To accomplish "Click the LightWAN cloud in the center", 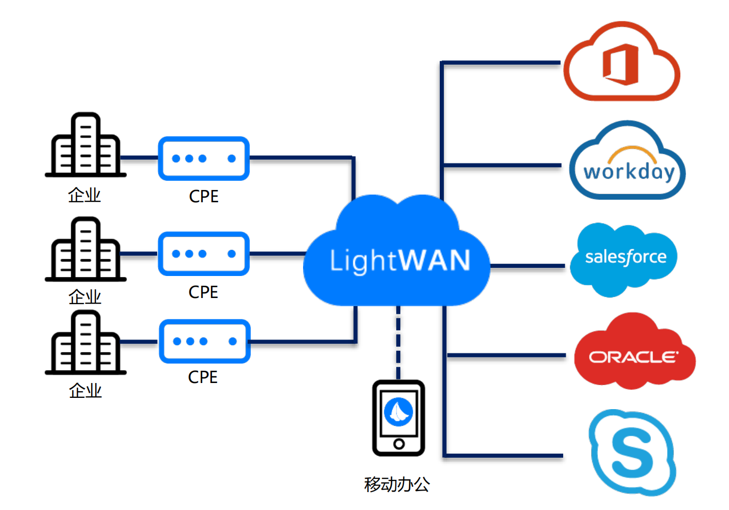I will point(397,256).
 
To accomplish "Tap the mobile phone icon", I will point(398,418).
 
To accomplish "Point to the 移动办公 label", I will point(397,484).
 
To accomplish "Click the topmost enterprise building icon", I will point(85,145).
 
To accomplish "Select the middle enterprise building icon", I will point(85,250).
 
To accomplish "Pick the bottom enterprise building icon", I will point(85,343).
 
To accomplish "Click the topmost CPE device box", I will point(204,158).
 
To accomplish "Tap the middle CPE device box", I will point(204,253).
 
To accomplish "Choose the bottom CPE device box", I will point(204,341).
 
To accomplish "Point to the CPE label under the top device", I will point(203,196).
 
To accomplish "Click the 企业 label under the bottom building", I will point(85,391).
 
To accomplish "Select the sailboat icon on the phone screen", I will point(398,412).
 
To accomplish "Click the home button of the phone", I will point(399,444).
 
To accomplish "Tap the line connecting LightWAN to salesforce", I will point(527,266).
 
